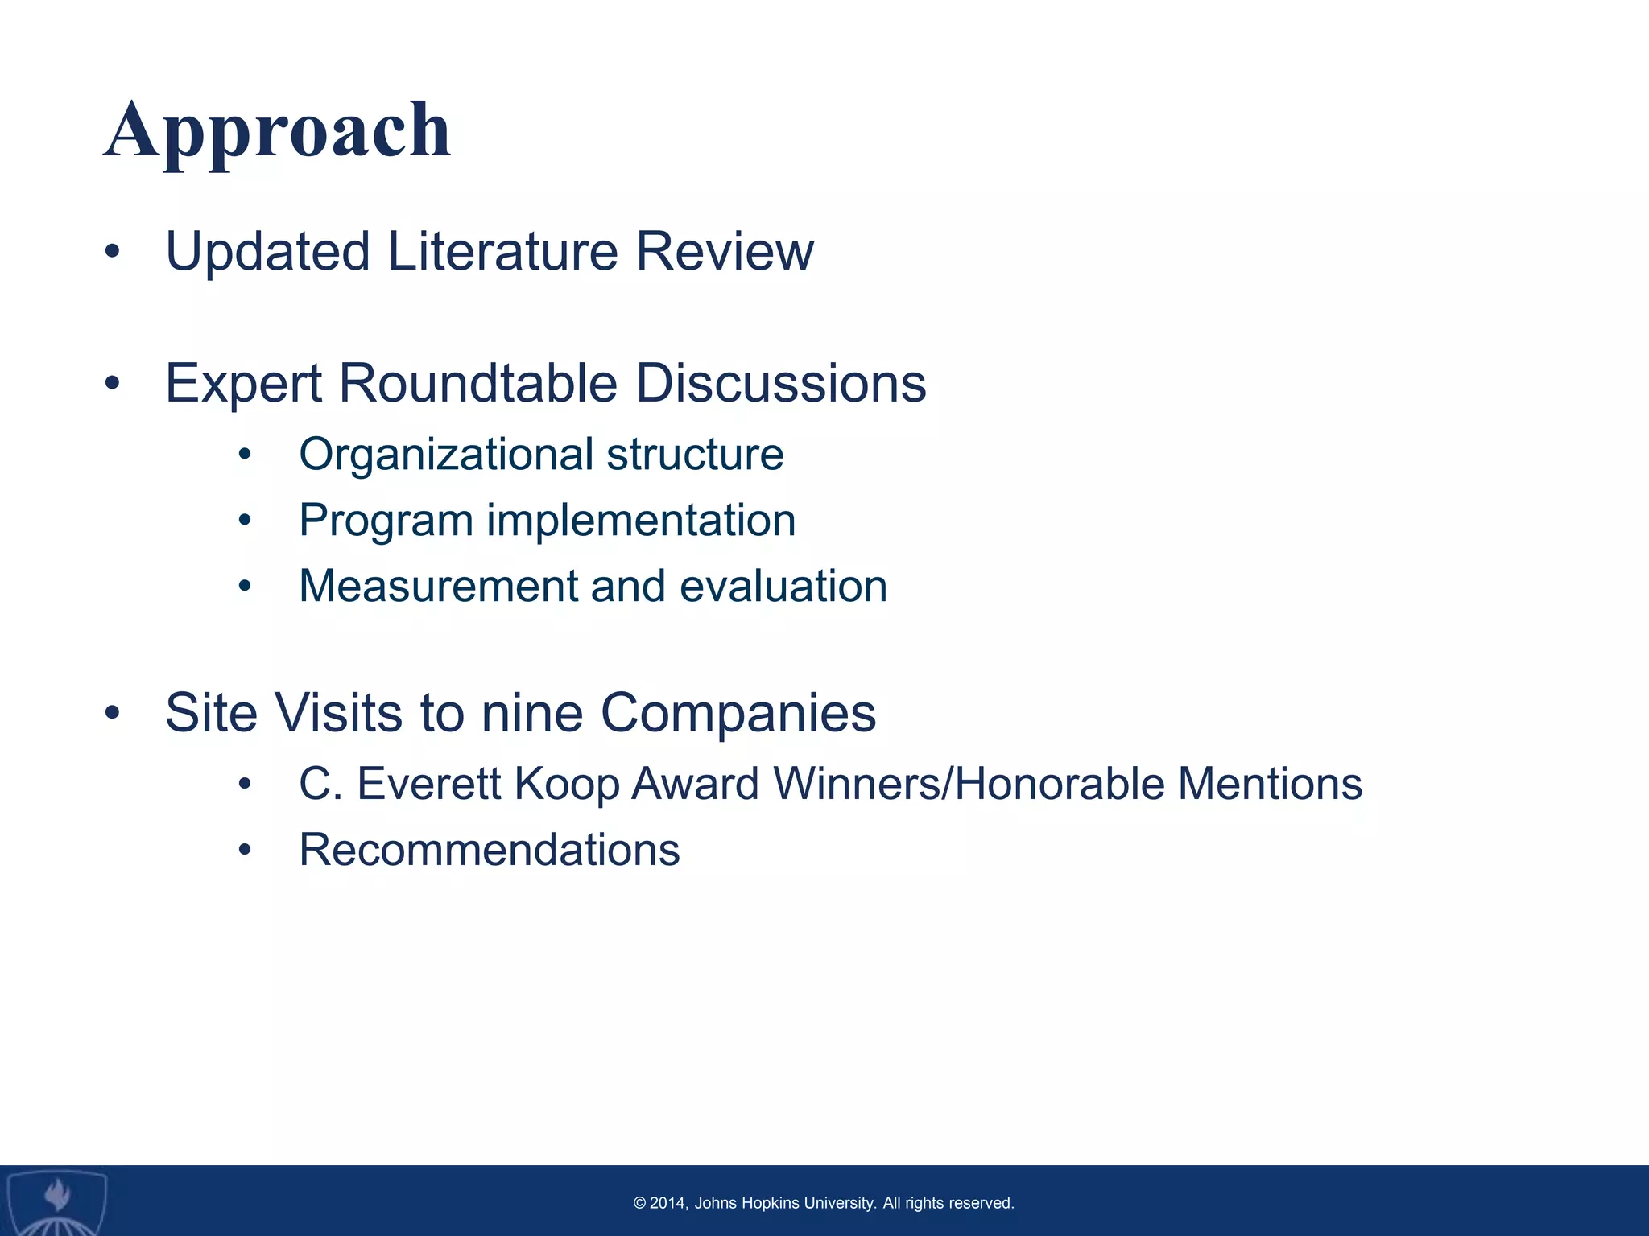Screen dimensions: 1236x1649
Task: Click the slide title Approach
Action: [277, 130]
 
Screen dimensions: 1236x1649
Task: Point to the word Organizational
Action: [446, 455]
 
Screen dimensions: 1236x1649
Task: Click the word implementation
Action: [641, 521]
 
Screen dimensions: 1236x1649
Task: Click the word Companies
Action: [738, 713]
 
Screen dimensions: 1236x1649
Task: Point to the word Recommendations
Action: [489, 850]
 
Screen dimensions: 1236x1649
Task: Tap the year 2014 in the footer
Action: [667, 1203]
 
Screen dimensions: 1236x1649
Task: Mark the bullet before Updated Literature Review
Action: [112, 252]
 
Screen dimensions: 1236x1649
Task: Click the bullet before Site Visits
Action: [112, 713]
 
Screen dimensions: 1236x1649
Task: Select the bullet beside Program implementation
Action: [245, 521]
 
